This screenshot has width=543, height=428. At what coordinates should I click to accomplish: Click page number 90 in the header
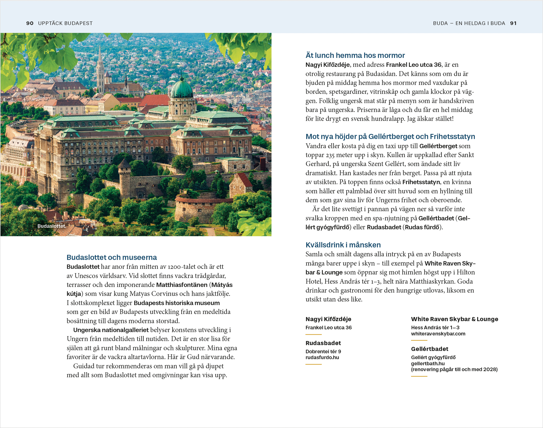(x=30, y=23)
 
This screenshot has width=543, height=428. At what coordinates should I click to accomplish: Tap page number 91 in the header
(x=513, y=23)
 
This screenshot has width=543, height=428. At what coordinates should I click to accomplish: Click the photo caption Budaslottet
(x=52, y=226)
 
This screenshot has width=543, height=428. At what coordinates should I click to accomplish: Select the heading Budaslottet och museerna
(x=112, y=257)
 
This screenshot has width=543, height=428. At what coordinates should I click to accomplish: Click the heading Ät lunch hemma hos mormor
(x=355, y=55)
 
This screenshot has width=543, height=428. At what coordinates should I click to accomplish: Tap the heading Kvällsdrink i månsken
(x=343, y=245)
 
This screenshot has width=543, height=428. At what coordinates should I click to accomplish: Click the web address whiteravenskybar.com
(x=438, y=334)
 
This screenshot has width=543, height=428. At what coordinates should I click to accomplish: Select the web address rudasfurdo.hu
(x=322, y=357)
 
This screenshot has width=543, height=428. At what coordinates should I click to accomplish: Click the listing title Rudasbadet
(x=323, y=343)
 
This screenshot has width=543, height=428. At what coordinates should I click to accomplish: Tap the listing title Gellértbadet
(x=429, y=349)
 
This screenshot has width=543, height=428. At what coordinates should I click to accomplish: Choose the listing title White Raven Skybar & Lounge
(x=454, y=319)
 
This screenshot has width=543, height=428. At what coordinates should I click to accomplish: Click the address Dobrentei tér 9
(x=323, y=351)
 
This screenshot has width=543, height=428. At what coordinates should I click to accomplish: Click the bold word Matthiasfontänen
(x=182, y=285)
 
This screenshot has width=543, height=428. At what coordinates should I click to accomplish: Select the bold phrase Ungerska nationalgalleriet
(x=111, y=330)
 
